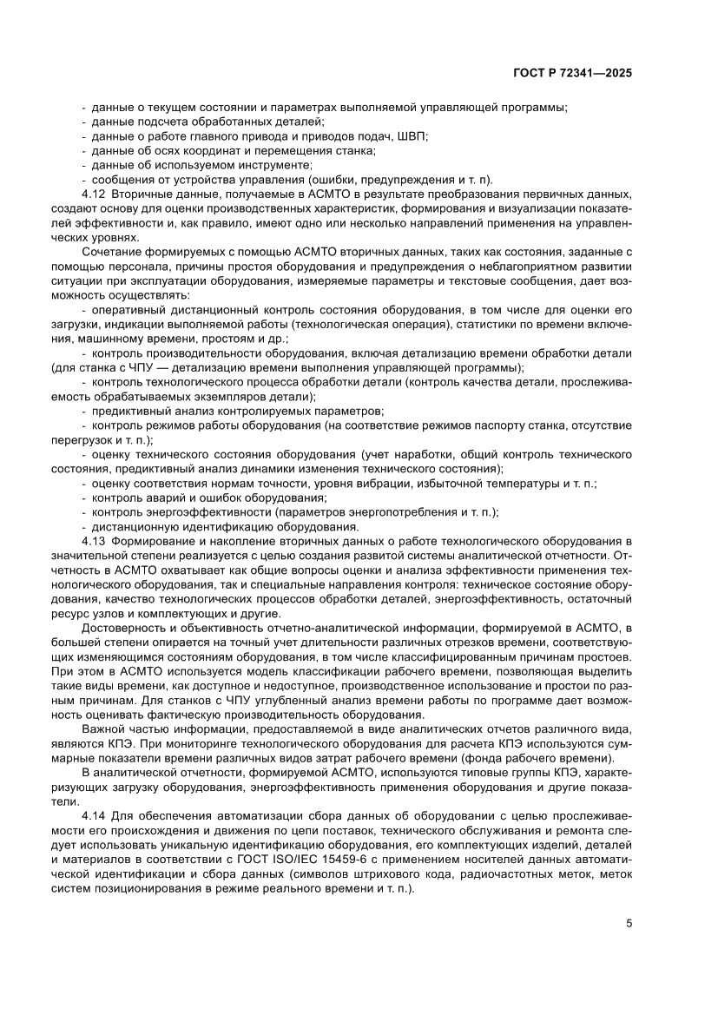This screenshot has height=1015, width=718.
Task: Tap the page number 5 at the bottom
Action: [629, 923]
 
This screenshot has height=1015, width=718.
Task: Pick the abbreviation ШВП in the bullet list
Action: [412, 136]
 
